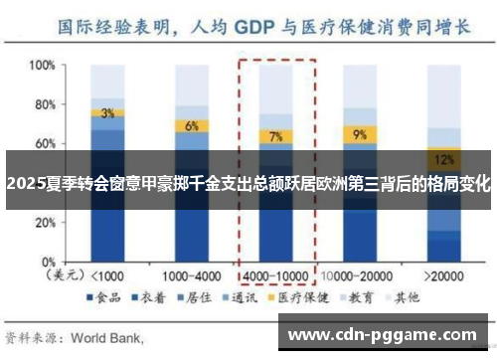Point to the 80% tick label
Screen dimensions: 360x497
[43, 104]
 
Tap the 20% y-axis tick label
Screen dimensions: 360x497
[43, 221]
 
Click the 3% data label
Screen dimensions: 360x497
[107, 113]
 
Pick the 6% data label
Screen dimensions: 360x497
[191, 126]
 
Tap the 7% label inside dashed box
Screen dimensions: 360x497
[275, 136]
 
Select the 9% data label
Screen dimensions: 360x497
[359, 133]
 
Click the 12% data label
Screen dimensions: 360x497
[444, 157]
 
